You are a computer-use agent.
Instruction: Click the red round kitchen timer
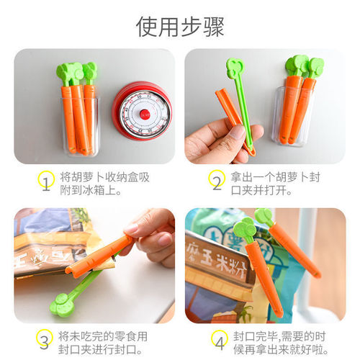142,111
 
